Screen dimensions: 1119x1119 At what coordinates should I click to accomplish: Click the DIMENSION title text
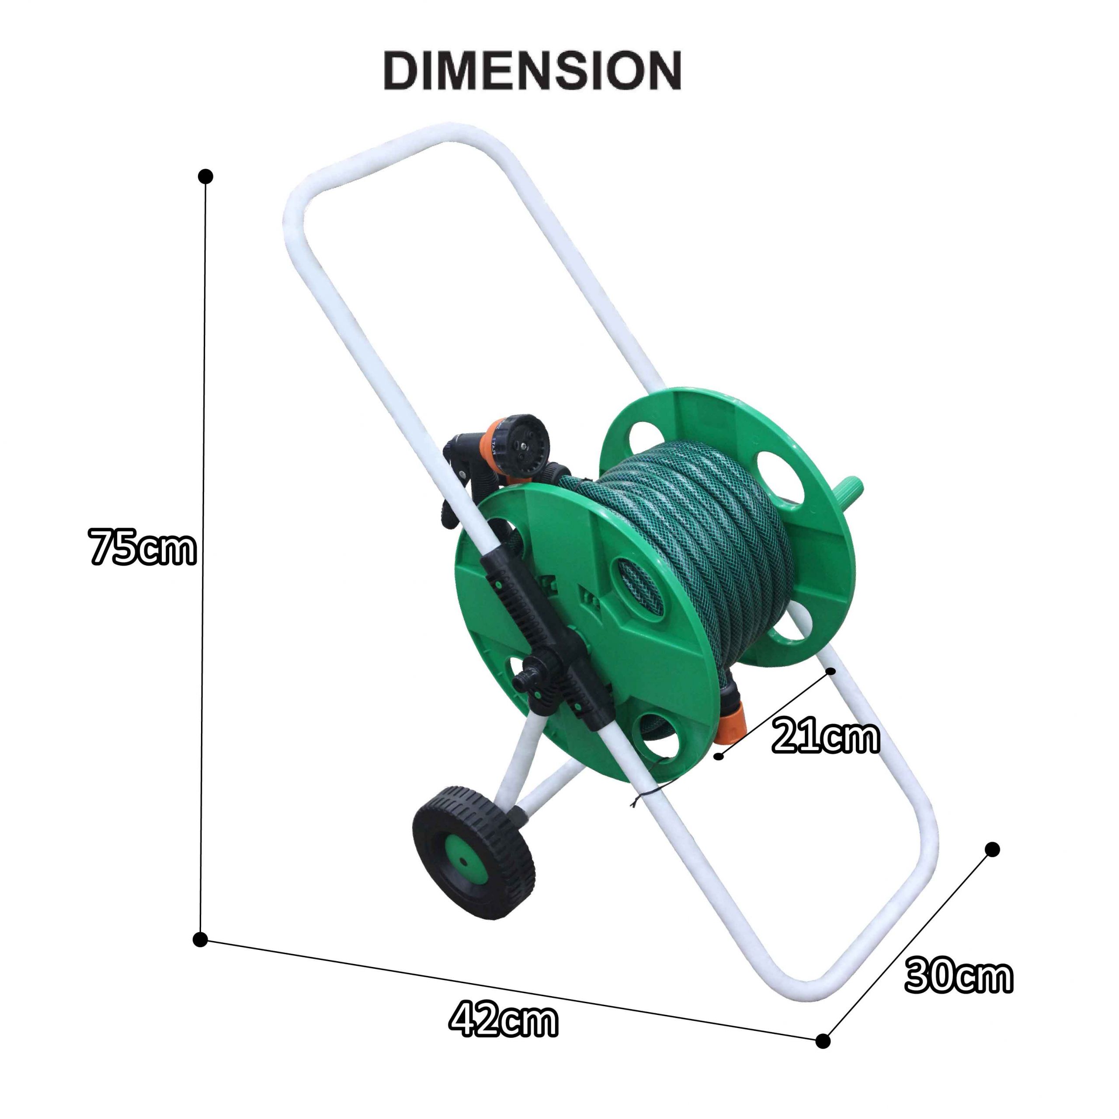click(532, 71)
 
